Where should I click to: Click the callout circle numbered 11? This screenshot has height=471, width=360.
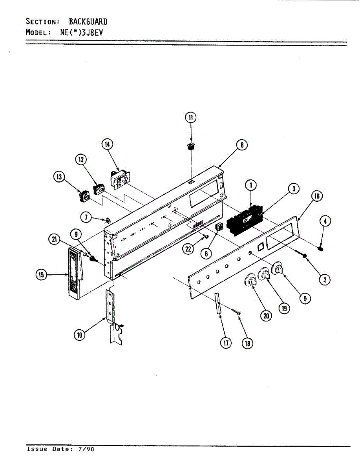coord(190,117)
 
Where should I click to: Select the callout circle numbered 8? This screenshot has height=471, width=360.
coord(242,145)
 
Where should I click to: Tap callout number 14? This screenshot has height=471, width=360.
coord(107,144)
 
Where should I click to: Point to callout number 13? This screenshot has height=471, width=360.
coord(59,177)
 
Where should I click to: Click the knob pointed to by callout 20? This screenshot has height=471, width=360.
coord(250,281)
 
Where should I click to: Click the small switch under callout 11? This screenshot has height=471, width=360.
coord(190,147)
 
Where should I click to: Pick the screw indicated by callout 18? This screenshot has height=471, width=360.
coord(236,312)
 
